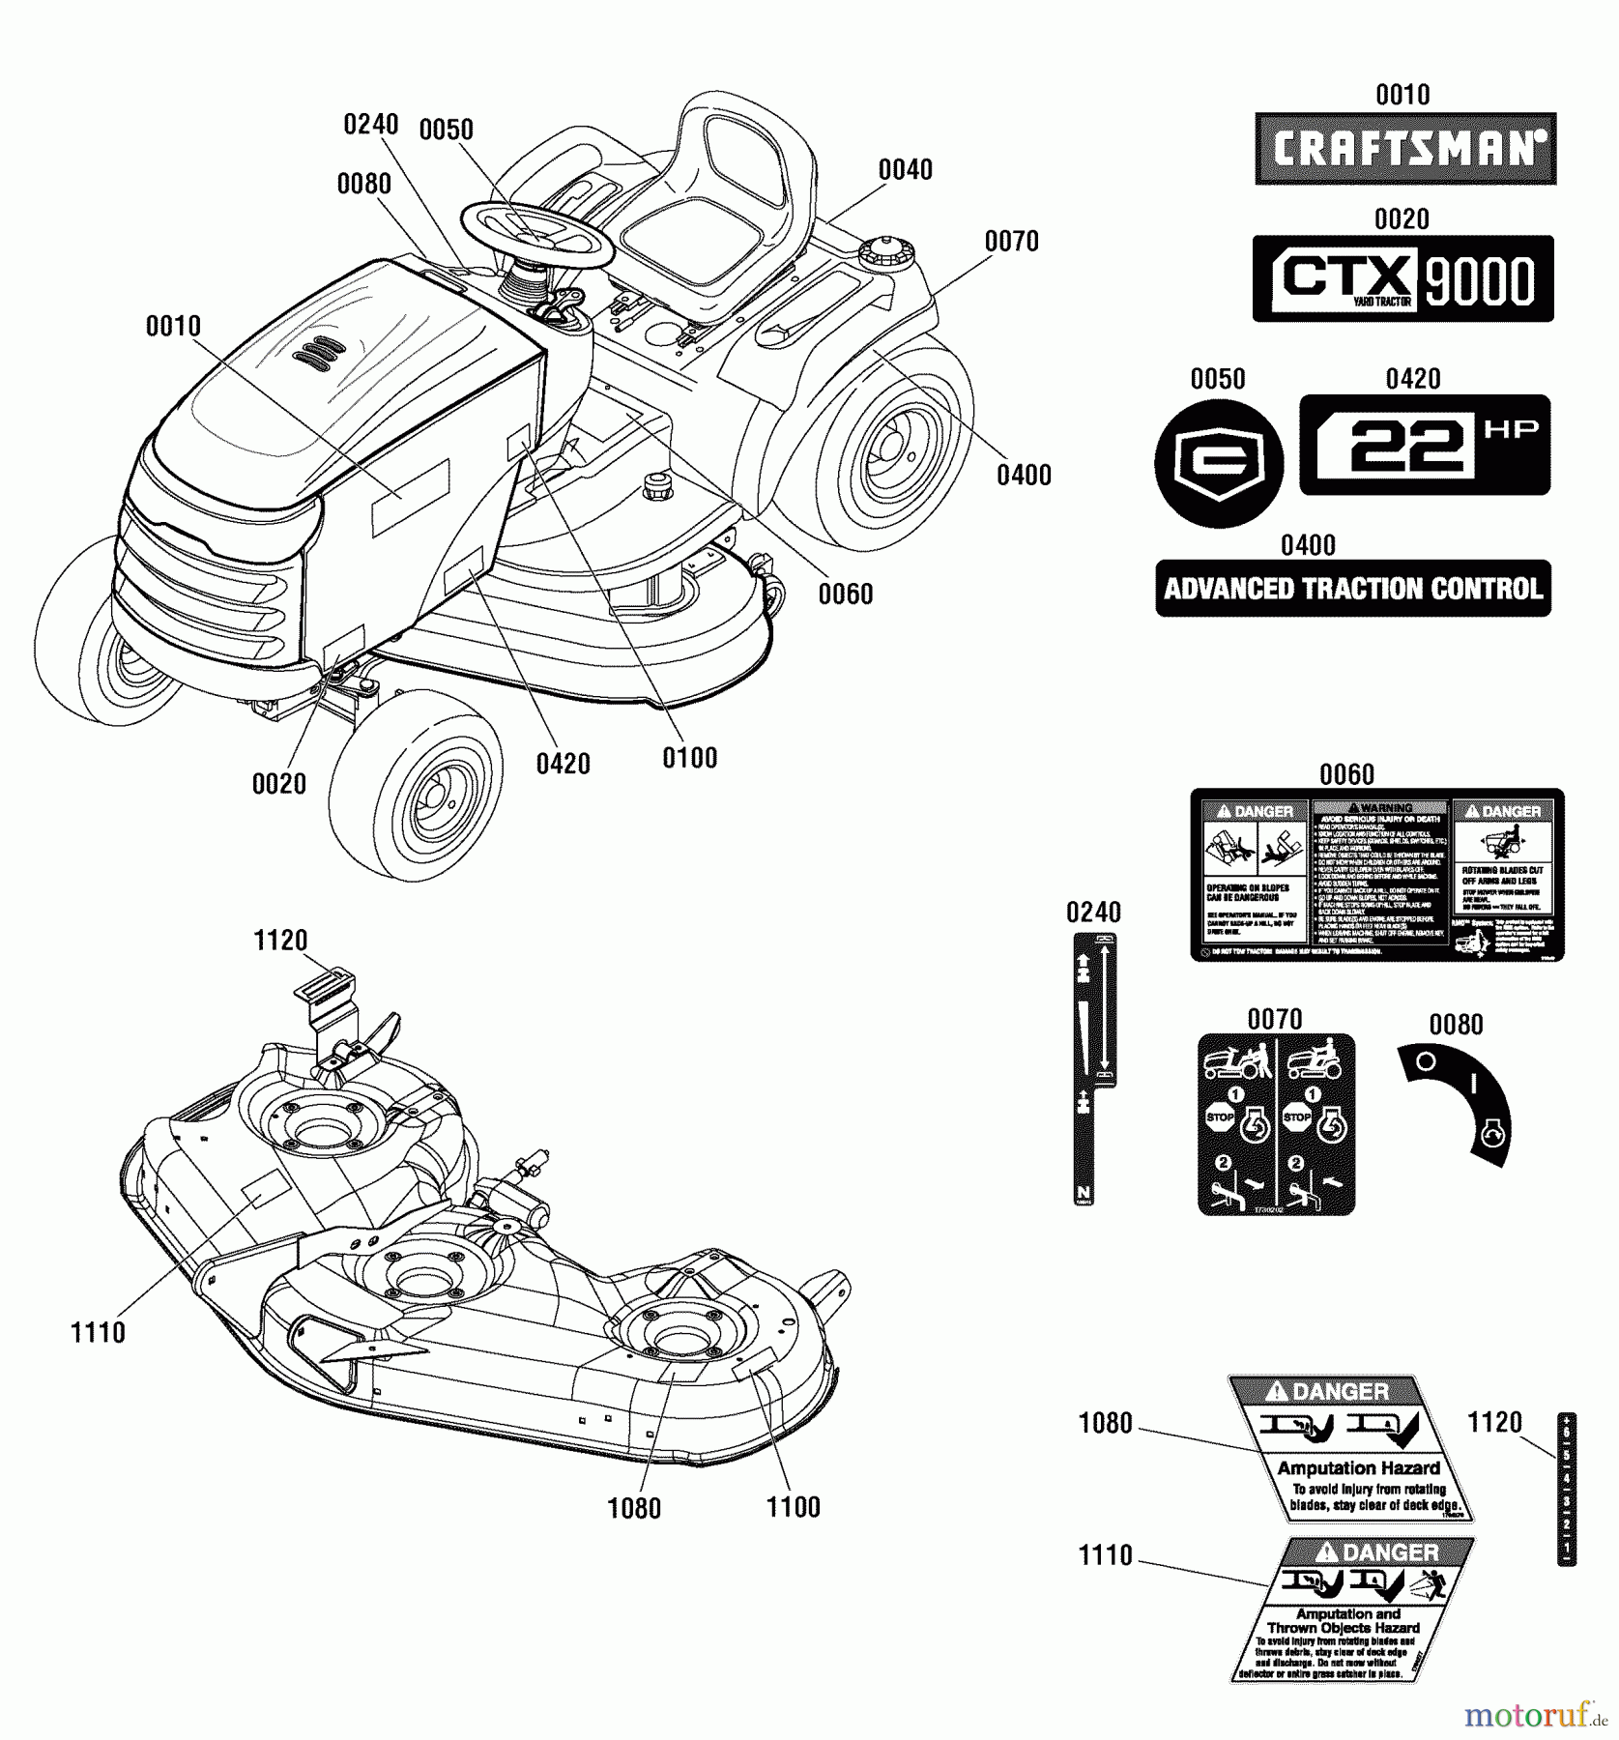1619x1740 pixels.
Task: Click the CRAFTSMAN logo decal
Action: point(1405,149)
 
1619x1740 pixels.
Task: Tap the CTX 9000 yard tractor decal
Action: point(1402,278)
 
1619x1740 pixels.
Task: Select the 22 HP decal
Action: point(1424,445)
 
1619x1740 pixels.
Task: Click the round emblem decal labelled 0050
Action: point(1219,463)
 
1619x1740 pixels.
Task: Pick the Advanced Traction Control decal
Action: point(1352,589)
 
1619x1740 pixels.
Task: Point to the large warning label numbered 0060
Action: point(1376,874)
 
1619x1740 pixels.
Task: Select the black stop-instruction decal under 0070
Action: point(1276,1123)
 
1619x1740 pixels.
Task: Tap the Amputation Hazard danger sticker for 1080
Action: point(1351,1448)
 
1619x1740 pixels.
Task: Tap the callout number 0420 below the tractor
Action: point(564,764)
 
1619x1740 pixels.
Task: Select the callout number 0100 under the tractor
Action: point(690,758)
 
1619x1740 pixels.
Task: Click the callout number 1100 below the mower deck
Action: point(794,1507)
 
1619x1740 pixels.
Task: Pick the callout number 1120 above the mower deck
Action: point(280,941)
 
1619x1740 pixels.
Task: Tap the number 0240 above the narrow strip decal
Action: point(1093,913)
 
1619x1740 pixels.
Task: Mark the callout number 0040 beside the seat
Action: point(906,170)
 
